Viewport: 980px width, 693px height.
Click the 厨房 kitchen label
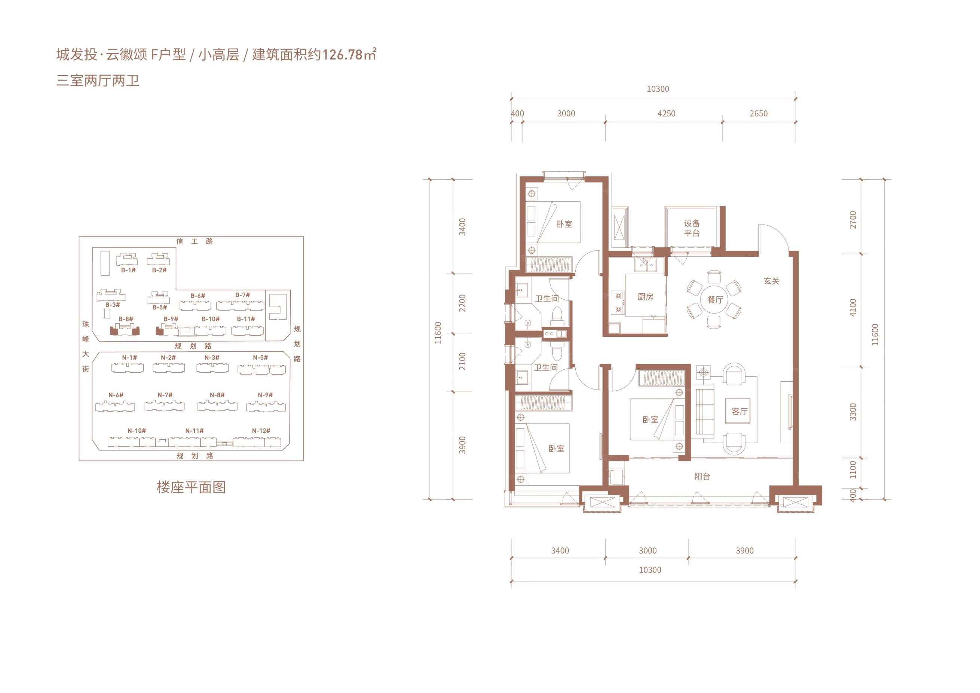645,297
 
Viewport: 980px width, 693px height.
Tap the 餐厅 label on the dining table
715,300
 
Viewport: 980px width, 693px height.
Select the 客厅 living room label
739,412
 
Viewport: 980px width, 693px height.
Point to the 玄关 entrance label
772,281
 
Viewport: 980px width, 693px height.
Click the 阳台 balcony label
702,476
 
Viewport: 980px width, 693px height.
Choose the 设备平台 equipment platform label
692,228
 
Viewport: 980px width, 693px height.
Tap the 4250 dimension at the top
666,114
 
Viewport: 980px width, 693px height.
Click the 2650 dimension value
759,114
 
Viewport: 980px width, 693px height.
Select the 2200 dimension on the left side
462,303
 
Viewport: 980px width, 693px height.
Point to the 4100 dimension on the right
853,308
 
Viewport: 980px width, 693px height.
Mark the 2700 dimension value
853,220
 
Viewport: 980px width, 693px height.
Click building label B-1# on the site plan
128,270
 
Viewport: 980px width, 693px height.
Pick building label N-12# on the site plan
261,431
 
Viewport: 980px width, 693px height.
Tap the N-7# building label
165,395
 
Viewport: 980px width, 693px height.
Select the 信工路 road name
195,241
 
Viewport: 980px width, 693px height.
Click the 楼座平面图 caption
191,487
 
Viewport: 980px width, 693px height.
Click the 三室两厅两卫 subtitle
98,80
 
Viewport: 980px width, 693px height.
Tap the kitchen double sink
645,266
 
